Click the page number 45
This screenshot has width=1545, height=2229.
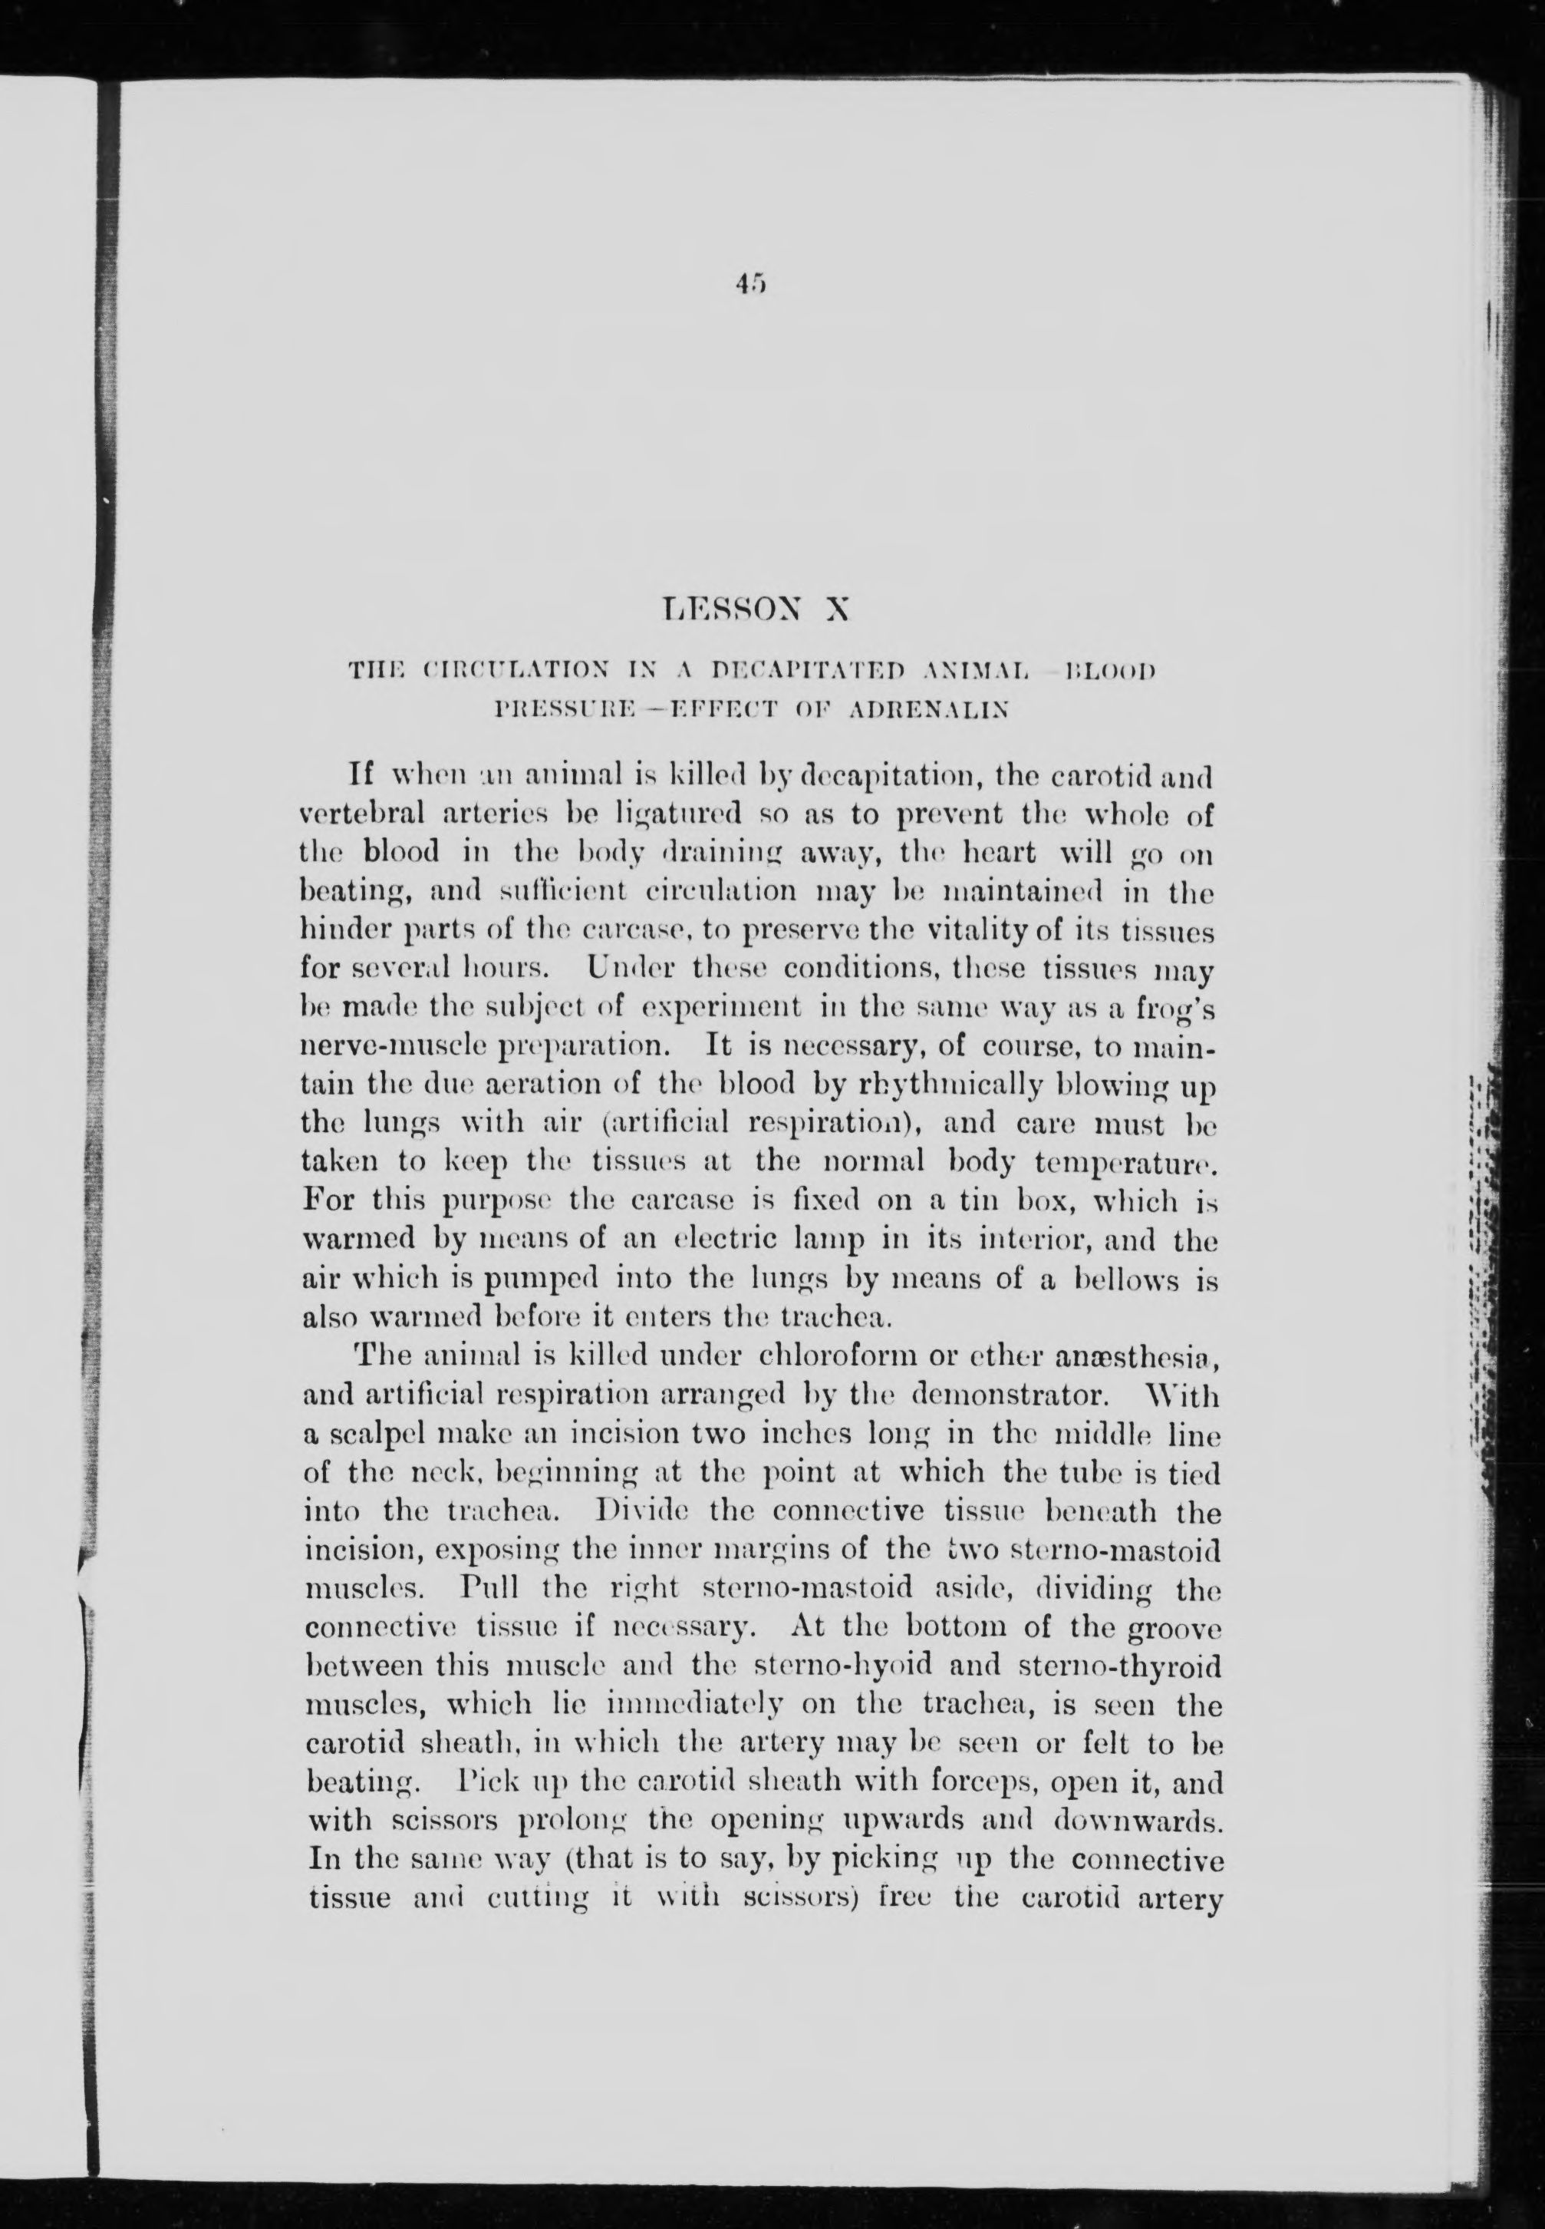749,285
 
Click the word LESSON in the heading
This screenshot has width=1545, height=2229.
714,611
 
